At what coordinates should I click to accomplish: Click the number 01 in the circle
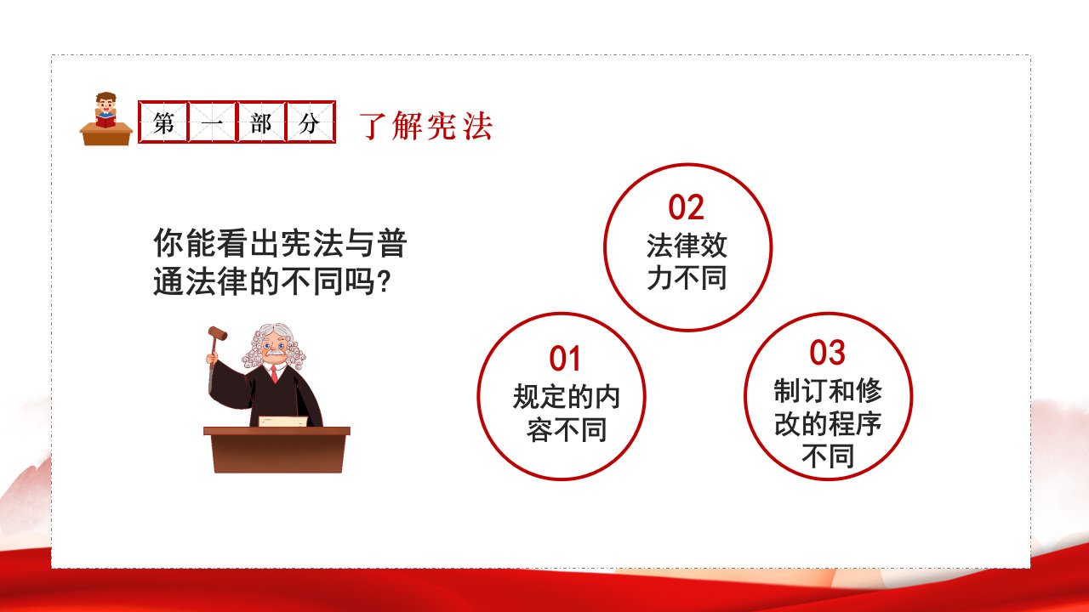pos(564,359)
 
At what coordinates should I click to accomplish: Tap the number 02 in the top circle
pos(686,207)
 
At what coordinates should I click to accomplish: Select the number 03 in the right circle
pos(827,352)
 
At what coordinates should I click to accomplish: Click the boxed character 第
pos(163,122)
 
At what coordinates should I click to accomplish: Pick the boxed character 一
pos(212,123)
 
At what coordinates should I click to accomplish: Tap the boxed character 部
pos(261,123)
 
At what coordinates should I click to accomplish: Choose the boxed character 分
pos(310,123)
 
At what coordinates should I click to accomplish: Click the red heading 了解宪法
pos(426,126)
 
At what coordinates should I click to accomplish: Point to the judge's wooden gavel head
pos(218,333)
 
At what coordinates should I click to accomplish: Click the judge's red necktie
pos(274,373)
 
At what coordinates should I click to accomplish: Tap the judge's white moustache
pos(275,353)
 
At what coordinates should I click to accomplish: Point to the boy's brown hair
pos(105,97)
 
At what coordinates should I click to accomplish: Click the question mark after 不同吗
pos(383,281)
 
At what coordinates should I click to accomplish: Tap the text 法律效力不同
pos(687,262)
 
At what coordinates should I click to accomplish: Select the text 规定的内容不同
pos(567,413)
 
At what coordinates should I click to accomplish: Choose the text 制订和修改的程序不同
pos(828,423)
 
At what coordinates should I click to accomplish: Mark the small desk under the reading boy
pos(106,134)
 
